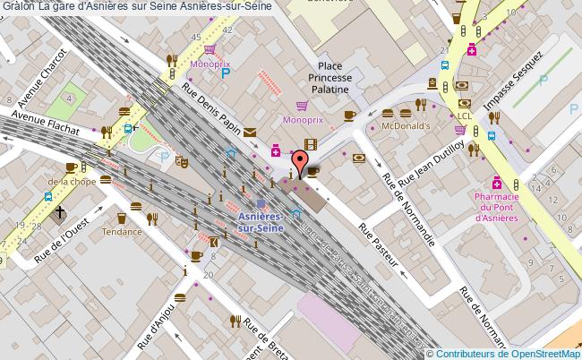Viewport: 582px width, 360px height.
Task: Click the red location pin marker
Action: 303,163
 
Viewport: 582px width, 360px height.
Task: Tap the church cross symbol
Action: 60,213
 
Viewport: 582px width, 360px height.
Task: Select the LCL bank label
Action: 464,116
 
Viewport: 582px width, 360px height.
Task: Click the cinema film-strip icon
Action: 310,144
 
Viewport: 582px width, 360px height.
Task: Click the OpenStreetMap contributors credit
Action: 508,353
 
